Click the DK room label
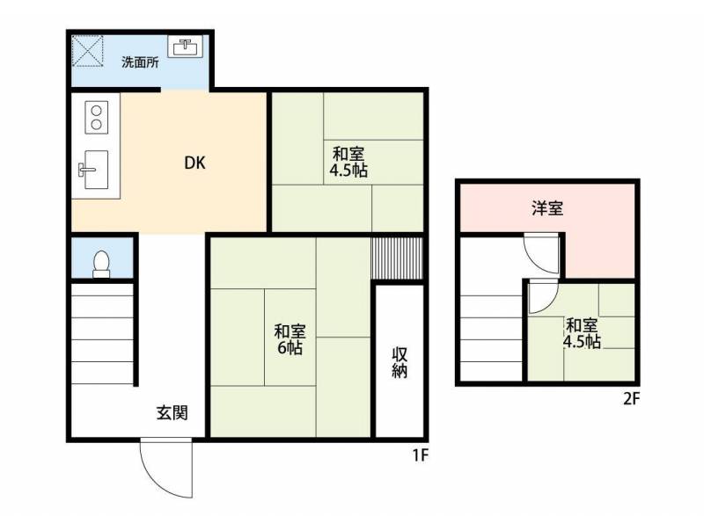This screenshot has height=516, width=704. [194, 163]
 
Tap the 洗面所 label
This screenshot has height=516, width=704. [140, 62]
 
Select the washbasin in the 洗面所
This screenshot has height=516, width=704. [185, 47]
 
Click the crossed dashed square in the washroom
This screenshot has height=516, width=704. [88, 51]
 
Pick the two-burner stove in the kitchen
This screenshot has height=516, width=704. [97, 118]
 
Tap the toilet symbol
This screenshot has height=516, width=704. [101, 265]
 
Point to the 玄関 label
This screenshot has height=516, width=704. [172, 412]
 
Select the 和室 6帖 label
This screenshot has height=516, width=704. [290, 339]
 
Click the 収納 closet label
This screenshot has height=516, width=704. [400, 362]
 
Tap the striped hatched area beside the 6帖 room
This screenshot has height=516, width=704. [397, 258]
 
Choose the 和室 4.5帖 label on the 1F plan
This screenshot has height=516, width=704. [348, 162]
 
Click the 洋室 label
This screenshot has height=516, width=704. [547, 208]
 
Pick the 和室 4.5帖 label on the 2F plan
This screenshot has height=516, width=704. [582, 333]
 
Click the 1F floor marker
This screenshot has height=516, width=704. [422, 456]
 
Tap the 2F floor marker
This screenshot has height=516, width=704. [631, 398]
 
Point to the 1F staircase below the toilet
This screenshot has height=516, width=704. [102, 333]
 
